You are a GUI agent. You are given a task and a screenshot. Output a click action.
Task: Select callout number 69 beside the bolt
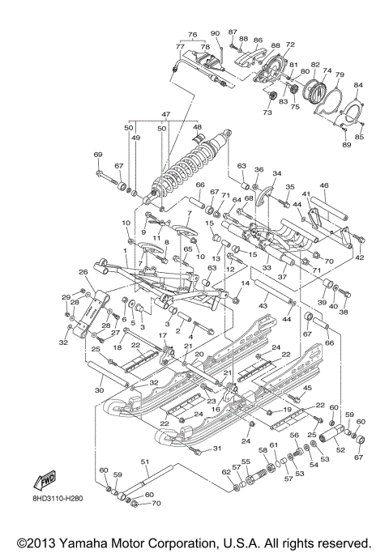98,155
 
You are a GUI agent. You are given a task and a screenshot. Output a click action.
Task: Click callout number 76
192,35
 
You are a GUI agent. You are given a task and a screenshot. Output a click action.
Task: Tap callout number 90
215,33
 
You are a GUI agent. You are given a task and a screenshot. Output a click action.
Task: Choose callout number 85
360,137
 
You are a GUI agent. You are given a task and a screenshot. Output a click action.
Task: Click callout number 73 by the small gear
267,113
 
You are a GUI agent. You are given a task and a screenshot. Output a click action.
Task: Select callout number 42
360,257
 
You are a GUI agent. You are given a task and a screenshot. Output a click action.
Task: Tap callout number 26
83,272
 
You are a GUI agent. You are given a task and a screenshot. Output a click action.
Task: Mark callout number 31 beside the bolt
216,449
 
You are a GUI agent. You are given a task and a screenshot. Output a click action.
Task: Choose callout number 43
262,306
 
